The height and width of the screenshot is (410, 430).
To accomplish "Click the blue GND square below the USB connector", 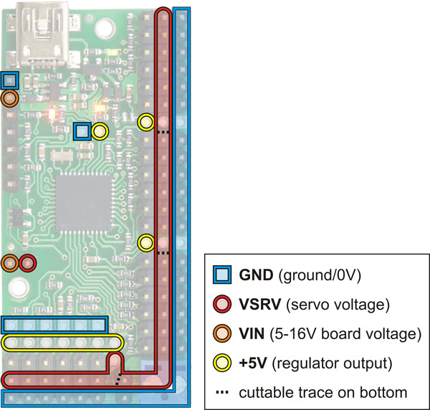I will click(x=10, y=80).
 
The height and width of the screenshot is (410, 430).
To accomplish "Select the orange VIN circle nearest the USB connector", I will click(x=10, y=98).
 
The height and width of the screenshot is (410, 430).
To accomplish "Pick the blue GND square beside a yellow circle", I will click(x=82, y=131).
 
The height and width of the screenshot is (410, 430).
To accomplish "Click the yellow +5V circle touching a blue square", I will click(x=100, y=131).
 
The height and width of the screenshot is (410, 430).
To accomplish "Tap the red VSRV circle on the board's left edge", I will click(x=27, y=263).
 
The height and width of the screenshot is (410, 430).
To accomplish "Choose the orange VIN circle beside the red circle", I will click(x=10, y=263).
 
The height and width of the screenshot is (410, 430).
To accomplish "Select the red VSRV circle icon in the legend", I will click(x=223, y=305).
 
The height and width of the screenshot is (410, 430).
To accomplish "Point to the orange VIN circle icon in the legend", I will click(x=223, y=333).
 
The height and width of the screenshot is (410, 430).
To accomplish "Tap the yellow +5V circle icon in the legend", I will click(x=223, y=363).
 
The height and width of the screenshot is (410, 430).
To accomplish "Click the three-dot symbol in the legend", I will click(x=223, y=392).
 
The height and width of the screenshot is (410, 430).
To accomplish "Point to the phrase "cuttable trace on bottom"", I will click(x=322, y=392).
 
